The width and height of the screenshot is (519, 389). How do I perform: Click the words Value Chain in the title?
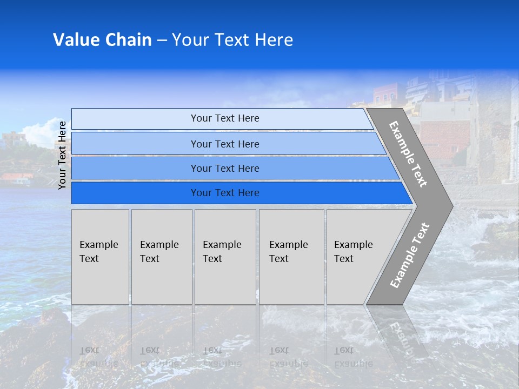pyautogui.click(x=102, y=40)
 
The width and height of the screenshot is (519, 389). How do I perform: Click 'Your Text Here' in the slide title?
pyautogui.click(x=232, y=40)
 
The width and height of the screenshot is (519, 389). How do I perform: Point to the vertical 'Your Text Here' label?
pyautogui.click(x=62, y=155)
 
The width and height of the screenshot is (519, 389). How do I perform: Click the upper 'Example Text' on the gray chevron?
pyautogui.click(x=408, y=154)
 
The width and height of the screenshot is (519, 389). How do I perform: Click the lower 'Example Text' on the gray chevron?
pyautogui.click(x=409, y=255)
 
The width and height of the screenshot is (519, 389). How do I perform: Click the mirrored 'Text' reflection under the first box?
pyautogui.click(x=89, y=350)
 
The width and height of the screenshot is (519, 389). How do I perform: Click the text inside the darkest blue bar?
pyautogui.click(x=225, y=193)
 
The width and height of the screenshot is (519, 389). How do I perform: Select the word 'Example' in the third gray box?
pyautogui.click(x=222, y=245)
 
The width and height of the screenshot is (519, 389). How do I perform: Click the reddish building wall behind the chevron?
pyautogui.click(x=443, y=140)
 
